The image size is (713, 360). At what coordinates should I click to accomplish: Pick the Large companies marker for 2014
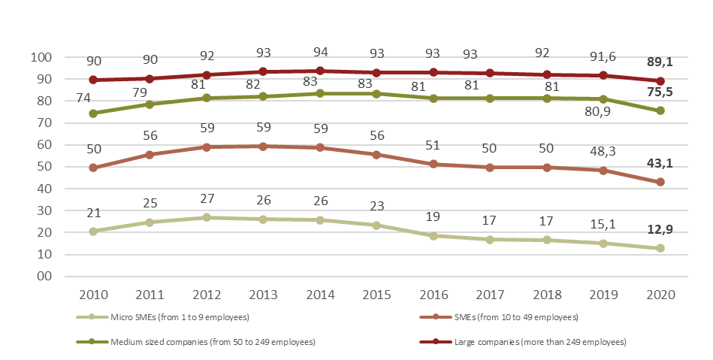(x=321, y=71)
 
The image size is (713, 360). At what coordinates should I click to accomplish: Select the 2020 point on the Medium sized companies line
(x=660, y=110)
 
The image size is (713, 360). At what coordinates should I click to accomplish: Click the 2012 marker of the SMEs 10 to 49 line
(x=207, y=147)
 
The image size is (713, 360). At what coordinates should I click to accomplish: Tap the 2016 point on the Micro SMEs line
(x=434, y=236)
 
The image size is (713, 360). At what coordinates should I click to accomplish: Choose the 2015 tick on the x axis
(x=377, y=294)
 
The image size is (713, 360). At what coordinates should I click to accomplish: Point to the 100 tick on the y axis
(x=41, y=58)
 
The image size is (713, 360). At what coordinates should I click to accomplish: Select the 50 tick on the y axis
(x=44, y=167)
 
